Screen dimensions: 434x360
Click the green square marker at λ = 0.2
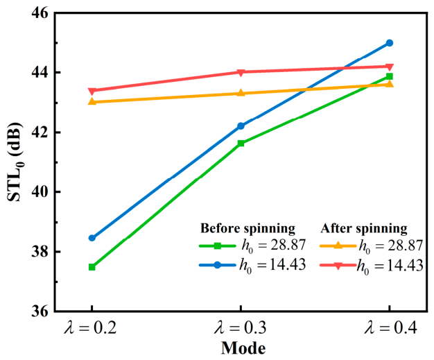(92, 267)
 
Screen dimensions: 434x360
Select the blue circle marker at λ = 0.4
(390, 43)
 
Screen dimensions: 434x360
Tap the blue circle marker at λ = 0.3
(241, 126)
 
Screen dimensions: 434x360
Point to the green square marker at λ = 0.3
(241, 143)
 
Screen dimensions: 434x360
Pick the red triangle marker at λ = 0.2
(92, 91)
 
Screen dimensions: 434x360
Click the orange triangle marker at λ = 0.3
(241, 92)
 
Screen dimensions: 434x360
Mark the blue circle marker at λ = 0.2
(92, 238)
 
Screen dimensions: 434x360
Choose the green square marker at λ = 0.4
(390, 76)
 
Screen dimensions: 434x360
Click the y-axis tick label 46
(40, 13)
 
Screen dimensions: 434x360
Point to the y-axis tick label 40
(40, 192)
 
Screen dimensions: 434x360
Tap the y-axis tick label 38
(40, 252)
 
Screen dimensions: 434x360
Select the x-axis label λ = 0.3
(241, 327)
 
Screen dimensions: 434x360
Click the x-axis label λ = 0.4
(390, 327)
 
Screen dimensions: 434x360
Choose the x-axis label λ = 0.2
(90, 327)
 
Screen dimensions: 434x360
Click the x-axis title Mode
(243, 348)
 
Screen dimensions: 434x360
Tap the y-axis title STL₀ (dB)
(15, 162)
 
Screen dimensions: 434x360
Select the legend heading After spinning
(364, 228)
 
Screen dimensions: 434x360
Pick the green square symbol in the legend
(218, 246)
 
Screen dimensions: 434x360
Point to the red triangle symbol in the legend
(338, 266)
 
